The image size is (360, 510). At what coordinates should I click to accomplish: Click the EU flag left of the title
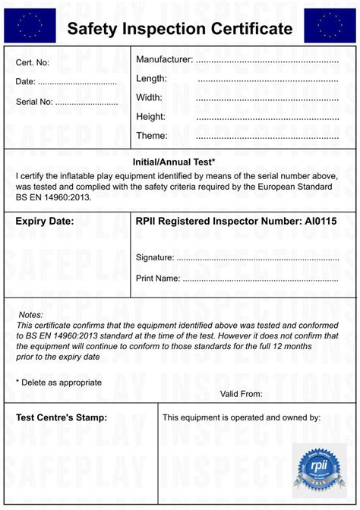click(x=30, y=25)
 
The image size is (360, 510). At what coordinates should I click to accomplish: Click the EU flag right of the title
click(x=330, y=25)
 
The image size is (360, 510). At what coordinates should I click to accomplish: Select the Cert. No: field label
click(x=33, y=62)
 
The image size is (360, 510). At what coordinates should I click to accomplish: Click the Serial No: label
click(x=34, y=102)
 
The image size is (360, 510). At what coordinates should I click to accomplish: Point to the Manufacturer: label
click(x=164, y=59)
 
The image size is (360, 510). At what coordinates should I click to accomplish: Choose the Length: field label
click(x=151, y=78)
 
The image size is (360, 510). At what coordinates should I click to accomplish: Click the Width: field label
click(x=149, y=97)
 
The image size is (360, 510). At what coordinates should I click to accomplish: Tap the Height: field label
click(x=150, y=116)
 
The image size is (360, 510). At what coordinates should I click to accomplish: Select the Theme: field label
click(x=151, y=135)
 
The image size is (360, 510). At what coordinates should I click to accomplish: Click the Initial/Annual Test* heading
click(x=174, y=162)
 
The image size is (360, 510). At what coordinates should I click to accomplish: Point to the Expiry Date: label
click(x=45, y=222)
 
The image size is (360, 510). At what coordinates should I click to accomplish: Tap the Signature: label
click(x=155, y=257)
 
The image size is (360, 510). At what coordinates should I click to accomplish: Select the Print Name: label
click(x=158, y=279)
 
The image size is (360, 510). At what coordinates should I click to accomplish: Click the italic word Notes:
click(x=31, y=315)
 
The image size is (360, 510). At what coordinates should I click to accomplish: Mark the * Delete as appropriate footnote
click(x=58, y=382)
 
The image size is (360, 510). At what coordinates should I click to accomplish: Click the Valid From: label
click(x=241, y=394)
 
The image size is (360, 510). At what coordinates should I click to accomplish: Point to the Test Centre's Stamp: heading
click(x=62, y=417)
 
